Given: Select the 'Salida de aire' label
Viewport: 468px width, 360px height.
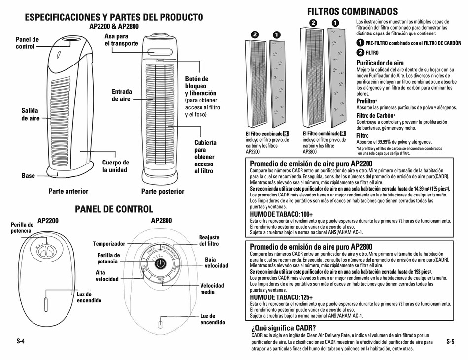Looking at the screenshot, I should coord(30,114).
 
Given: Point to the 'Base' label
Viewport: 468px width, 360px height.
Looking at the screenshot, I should coord(28,175).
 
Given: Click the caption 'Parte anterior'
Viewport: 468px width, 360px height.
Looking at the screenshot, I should coord(68,191).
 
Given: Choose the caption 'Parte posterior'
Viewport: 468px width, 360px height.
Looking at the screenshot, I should coord(163,191).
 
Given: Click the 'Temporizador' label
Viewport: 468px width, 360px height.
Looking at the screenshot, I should coord(109,244).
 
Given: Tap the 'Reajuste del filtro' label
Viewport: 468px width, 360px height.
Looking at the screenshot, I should coord(209,240).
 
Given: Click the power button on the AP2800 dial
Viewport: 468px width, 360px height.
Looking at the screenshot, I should coord(161,264).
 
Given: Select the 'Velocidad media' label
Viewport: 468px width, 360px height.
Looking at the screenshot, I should coord(212,289).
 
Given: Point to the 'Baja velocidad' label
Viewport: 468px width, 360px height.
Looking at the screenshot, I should coord(216,262).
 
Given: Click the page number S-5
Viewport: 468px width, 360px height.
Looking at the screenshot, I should coord(450,341).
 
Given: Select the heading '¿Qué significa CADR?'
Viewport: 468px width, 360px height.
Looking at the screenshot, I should coord(283,328).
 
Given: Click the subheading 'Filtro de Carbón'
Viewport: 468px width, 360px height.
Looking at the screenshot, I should coord(375,115).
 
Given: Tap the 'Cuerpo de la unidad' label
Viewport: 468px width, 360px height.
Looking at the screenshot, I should coord(116,166).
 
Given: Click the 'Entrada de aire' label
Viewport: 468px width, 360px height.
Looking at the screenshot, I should coord(122,95).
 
